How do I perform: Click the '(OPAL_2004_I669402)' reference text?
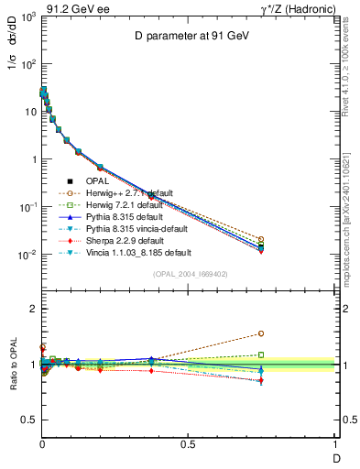(x=188, y=274)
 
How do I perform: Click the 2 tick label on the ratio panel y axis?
(x=30, y=310)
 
